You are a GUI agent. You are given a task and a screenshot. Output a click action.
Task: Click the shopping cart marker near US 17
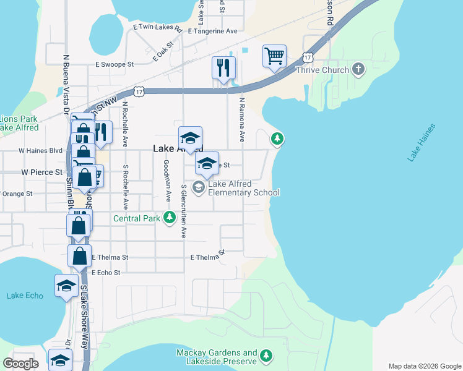(x=274, y=56)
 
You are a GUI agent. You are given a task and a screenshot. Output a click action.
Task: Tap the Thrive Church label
(x=322, y=70)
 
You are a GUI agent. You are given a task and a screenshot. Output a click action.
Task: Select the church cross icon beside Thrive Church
(x=358, y=69)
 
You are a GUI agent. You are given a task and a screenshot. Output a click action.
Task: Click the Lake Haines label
(x=422, y=143)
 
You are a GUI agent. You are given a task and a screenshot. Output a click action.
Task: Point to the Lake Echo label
(x=25, y=296)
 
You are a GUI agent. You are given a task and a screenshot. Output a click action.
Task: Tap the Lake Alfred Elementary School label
(x=244, y=188)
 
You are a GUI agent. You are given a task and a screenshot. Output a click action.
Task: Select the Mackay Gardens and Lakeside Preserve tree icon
(x=266, y=356)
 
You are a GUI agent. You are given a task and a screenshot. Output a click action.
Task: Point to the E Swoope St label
(x=115, y=64)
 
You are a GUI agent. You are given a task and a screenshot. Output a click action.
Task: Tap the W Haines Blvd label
(x=41, y=150)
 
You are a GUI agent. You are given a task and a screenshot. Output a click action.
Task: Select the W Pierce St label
(x=42, y=173)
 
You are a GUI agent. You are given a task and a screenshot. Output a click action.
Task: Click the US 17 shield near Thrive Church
(x=308, y=57)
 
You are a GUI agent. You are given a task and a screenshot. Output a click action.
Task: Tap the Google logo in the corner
(x=21, y=364)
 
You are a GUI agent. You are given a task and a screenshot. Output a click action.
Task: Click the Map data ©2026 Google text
(x=424, y=366)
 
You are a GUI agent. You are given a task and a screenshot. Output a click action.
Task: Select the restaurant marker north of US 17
(x=223, y=67)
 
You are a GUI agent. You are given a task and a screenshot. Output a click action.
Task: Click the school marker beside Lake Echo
(x=66, y=286)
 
